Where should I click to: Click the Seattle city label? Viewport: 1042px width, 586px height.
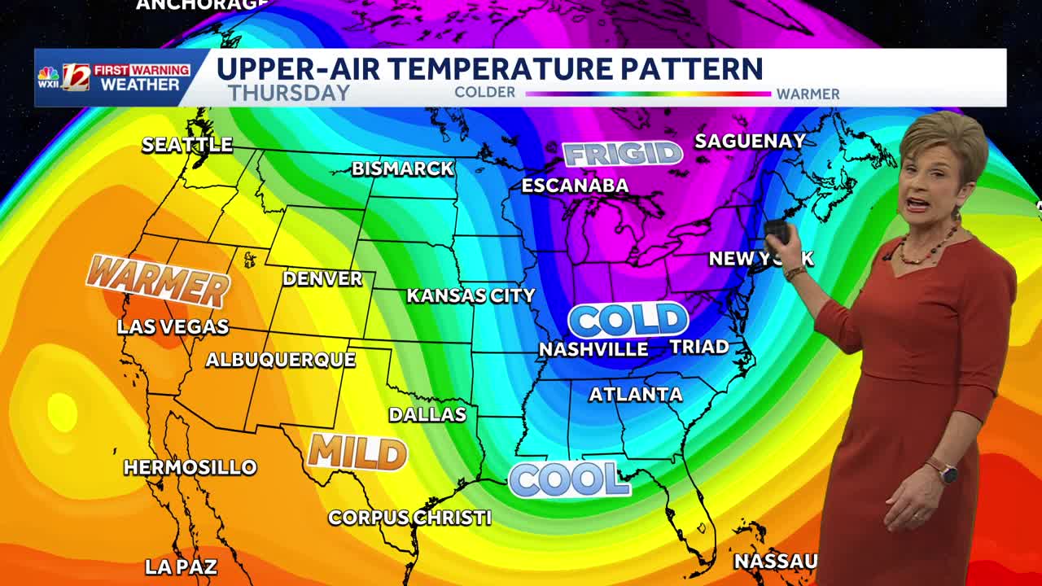[187, 145]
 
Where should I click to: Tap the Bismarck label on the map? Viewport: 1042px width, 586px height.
[403, 169]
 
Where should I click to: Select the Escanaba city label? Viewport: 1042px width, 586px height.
[575, 186]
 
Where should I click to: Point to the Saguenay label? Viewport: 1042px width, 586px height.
[750, 141]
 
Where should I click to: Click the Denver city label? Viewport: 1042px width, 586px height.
[322, 279]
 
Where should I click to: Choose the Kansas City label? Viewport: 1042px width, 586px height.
[471, 295]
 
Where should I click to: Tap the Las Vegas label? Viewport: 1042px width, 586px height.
[173, 327]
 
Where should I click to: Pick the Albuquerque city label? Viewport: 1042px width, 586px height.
[280, 360]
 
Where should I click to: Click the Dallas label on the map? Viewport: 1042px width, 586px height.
[427, 414]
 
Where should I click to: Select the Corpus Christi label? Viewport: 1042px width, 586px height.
[409, 518]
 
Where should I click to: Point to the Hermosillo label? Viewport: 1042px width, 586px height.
[190, 467]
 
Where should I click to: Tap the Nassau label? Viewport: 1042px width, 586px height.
[775, 561]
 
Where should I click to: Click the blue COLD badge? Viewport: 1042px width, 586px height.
[628, 320]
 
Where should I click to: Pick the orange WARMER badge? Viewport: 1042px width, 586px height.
[158, 282]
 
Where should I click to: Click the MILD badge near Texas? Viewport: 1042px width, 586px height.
[357, 452]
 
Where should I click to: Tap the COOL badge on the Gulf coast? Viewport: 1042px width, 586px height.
[569, 479]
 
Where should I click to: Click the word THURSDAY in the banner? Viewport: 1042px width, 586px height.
[289, 93]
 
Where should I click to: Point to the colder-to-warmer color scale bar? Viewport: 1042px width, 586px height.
[647, 94]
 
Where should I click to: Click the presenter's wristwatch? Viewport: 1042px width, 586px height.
[946, 471]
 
